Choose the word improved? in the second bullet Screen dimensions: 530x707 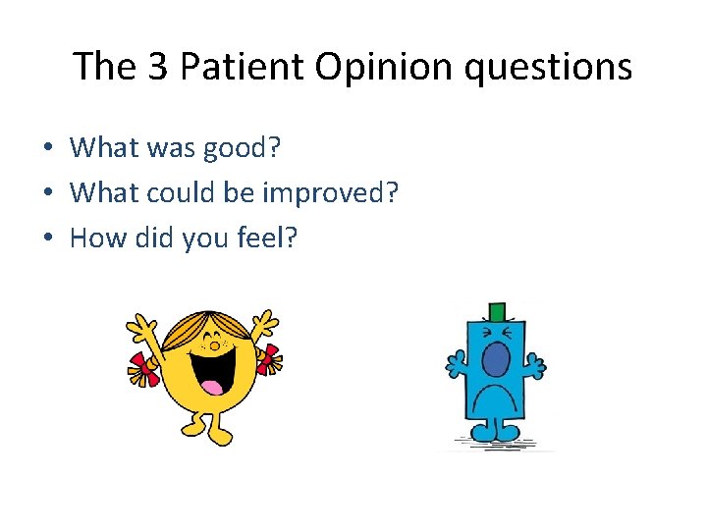click(329, 192)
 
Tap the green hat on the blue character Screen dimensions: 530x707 click(497, 312)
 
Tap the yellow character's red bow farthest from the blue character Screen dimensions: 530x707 click(143, 368)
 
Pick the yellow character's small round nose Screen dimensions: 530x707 click(211, 344)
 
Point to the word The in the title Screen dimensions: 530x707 click(102, 67)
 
